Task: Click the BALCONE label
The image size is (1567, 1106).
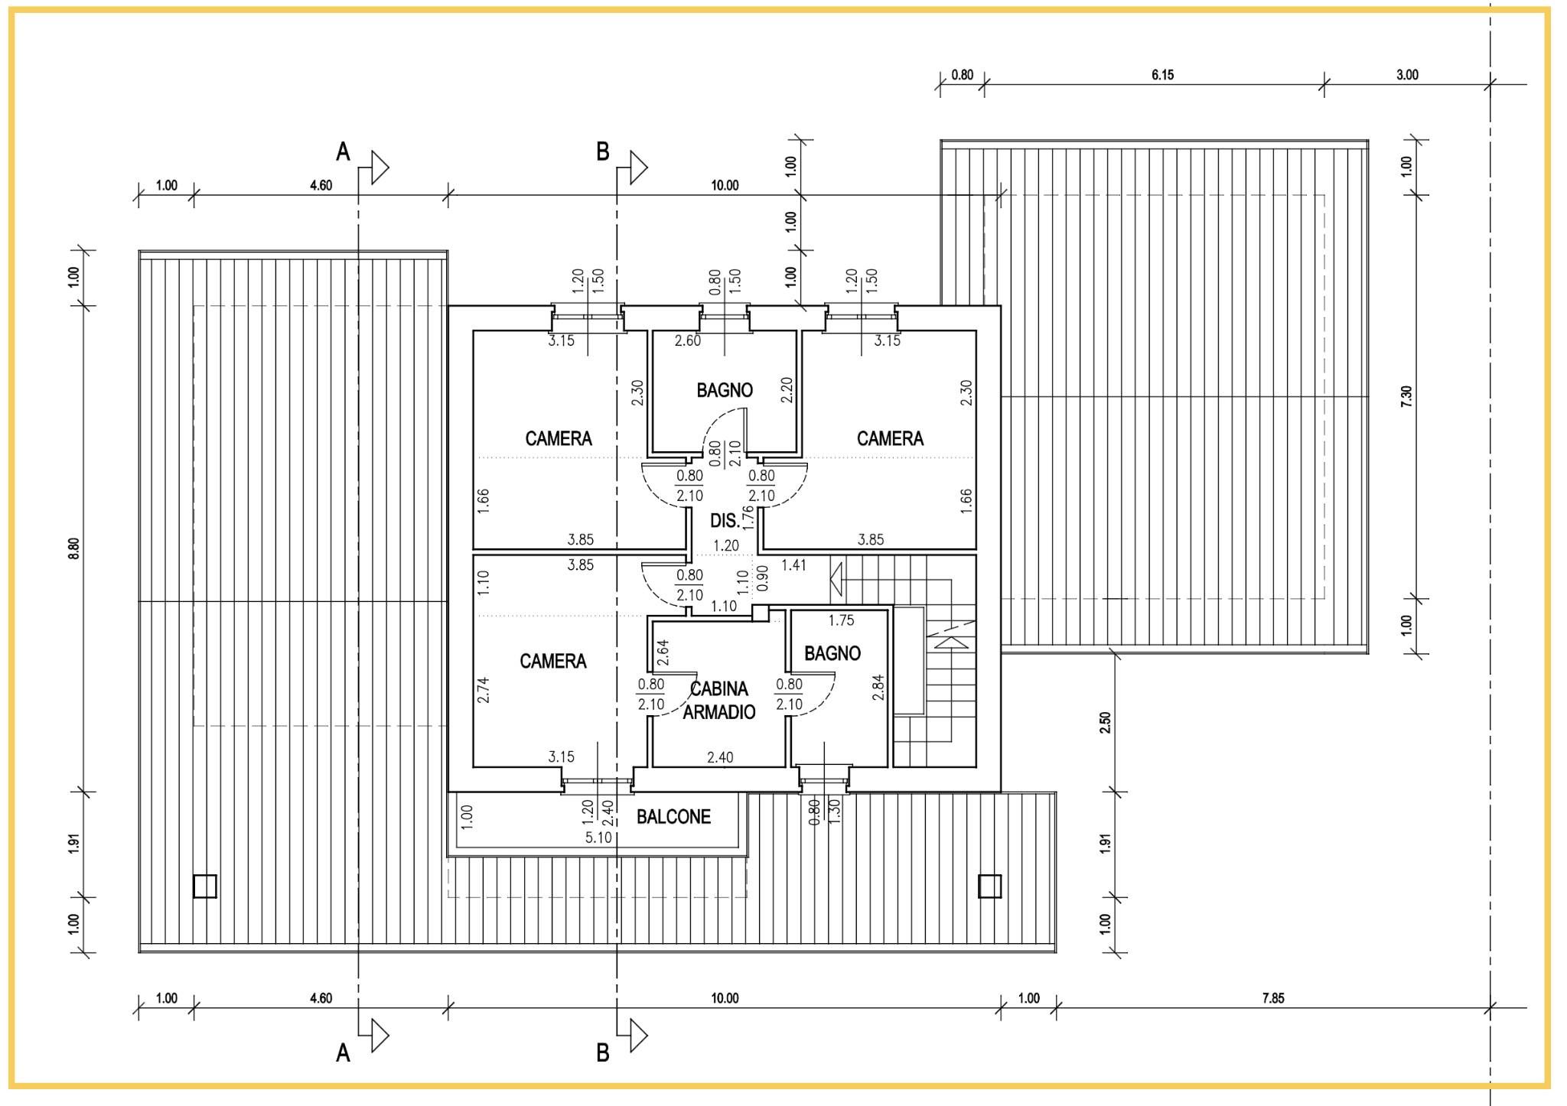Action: [x=673, y=817]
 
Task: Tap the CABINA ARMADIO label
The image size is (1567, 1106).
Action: [x=719, y=701]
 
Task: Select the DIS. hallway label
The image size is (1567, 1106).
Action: [x=725, y=521]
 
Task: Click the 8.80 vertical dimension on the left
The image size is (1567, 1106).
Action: [x=73, y=548]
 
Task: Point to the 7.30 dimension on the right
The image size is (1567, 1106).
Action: [x=1406, y=396]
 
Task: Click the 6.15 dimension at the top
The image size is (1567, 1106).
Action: [x=1162, y=75]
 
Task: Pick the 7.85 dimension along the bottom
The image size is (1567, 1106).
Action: [x=1273, y=998]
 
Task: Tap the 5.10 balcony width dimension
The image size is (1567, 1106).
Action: [x=598, y=838]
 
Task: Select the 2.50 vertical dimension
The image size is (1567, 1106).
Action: [x=1105, y=723]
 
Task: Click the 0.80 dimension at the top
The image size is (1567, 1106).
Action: [x=963, y=75]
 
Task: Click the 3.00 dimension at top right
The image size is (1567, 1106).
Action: [x=1407, y=75]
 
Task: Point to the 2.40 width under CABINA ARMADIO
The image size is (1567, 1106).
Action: [x=720, y=757]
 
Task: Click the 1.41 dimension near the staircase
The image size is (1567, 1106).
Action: [x=793, y=565]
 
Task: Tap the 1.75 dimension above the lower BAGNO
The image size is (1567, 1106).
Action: [x=841, y=620]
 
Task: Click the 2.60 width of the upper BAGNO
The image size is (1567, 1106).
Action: [x=687, y=340]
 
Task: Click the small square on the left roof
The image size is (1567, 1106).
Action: [x=205, y=886]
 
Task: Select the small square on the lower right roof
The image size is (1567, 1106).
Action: [x=990, y=886]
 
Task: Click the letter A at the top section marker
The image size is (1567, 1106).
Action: [x=343, y=151]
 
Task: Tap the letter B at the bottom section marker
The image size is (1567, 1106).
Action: [x=603, y=1053]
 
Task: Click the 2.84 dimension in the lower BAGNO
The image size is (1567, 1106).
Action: [x=878, y=687]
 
